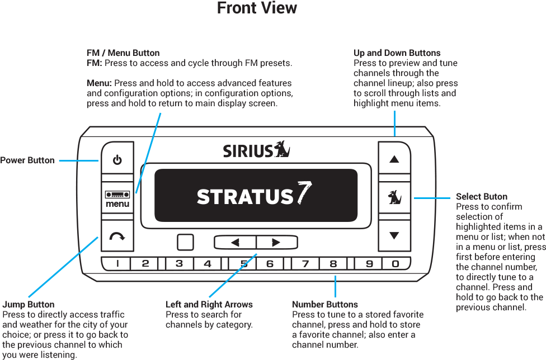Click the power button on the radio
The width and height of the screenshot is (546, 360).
click(x=117, y=161)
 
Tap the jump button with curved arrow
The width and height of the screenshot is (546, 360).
click(x=117, y=236)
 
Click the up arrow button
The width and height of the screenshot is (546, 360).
click(x=394, y=159)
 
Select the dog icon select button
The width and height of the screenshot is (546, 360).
click(x=394, y=197)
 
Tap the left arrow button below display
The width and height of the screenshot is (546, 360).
click(x=235, y=243)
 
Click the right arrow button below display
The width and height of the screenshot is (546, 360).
click(x=276, y=243)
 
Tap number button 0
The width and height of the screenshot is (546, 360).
click(x=396, y=263)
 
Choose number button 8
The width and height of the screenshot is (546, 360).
click(x=333, y=263)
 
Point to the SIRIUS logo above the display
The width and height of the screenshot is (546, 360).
click(x=257, y=150)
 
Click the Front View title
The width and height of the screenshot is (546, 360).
click(x=257, y=8)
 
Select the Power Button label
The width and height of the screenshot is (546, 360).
click(x=27, y=160)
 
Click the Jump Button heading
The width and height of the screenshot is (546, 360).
click(x=29, y=305)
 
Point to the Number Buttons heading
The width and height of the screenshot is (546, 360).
click(x=325, y=305)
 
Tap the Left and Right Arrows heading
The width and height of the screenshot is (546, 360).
click(x=209, y=305)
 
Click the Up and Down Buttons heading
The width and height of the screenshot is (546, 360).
click(x=397, y=53)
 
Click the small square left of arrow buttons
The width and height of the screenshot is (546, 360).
click(x=185, y=243)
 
